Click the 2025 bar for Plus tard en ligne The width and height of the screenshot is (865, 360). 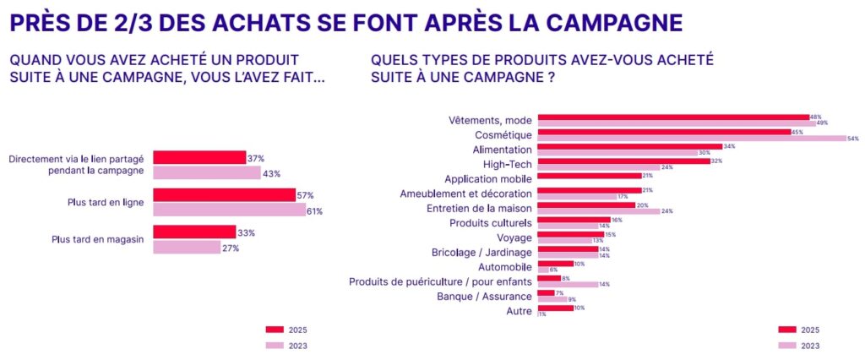pos(224,195)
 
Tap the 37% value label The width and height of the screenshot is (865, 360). pos(256,158)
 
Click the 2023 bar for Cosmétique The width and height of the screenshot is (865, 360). pos(691,138)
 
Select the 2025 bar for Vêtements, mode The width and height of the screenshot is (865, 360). pos(673,117)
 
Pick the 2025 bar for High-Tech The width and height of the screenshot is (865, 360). pos(623,161)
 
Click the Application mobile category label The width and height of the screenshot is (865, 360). pos(488,179)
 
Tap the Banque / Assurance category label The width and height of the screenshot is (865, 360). pos(484,297)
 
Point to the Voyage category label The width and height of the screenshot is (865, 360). pos(514,238)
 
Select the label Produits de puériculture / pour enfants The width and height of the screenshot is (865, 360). pos(440,281)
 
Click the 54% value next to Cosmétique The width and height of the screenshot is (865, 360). pos(852,138)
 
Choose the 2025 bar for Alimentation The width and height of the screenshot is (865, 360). pos(629,146)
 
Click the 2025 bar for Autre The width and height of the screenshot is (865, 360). pos(555,308)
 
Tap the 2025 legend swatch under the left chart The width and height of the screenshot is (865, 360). pos(275,330)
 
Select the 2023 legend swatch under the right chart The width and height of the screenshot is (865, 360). pos(786,346)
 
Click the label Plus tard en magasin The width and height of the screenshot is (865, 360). pos(97,240)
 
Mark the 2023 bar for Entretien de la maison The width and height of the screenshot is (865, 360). pos(598,211)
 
